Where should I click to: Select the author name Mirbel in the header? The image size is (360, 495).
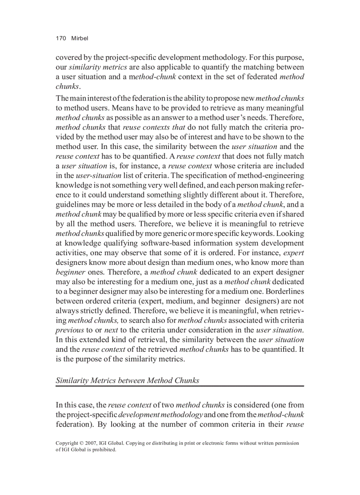[80, 38]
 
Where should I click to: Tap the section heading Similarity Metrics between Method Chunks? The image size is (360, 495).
[127, 380]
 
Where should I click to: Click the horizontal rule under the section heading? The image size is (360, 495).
[180, 386]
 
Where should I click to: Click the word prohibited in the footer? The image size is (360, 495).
[102, 450]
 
